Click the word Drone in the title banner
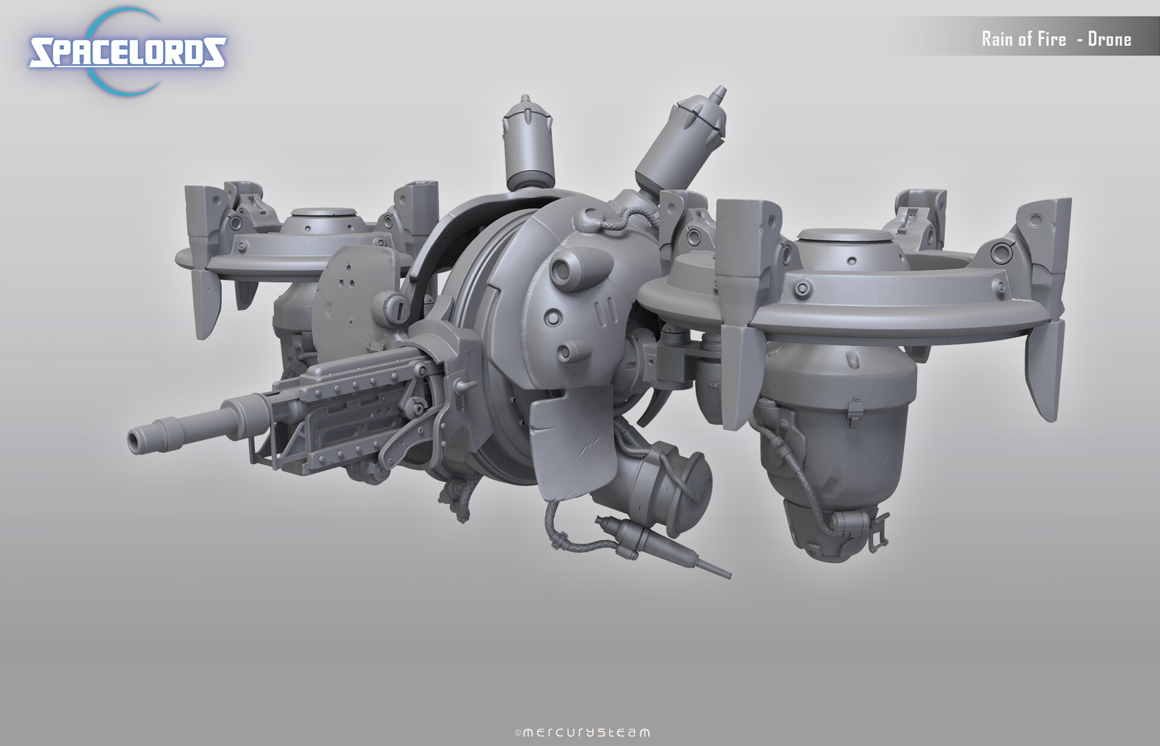(1109, 39)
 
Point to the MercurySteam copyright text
(582, 733)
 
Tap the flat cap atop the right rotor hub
(851, 234)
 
